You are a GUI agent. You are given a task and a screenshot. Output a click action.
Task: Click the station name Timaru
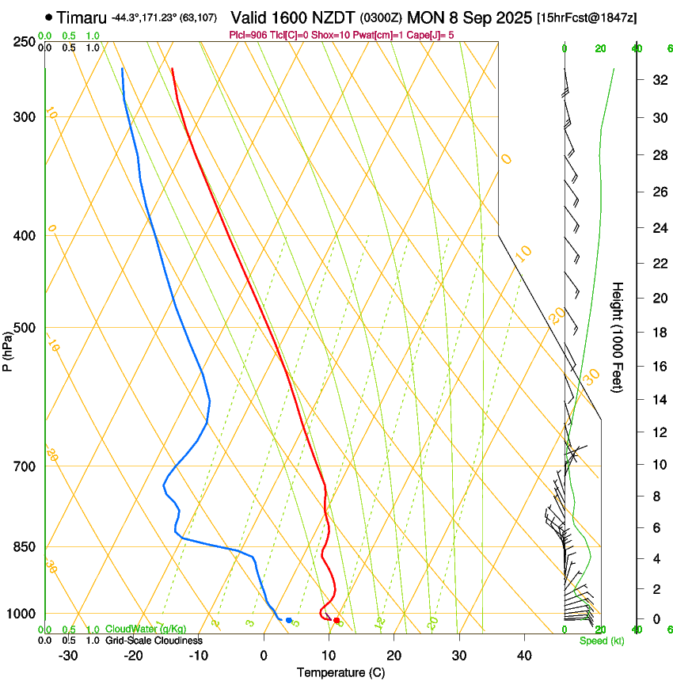(x=82, y=17)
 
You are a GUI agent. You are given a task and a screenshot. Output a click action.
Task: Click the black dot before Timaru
(x=49, y=17)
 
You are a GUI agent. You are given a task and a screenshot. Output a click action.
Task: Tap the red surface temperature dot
(x=336, y=620)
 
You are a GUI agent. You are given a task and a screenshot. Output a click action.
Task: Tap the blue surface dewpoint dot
(x=288, y=620)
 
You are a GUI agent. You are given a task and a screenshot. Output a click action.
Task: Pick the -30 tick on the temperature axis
(x=68, y=655)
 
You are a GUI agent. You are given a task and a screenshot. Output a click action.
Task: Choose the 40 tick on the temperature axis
(x=524, y=655)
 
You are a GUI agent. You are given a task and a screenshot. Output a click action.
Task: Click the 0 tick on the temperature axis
(x=264, y=655)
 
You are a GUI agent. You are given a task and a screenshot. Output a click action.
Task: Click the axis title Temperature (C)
(x=340, y=672)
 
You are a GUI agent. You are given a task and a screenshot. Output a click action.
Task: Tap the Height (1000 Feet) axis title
(x=618, y=337)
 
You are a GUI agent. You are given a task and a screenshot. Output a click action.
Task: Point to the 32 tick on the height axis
(x=657, y=79)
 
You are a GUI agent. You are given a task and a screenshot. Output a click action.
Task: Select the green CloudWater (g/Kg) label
(x=146, y=630)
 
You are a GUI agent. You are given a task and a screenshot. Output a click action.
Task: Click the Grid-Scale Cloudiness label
(x=153, y=641)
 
